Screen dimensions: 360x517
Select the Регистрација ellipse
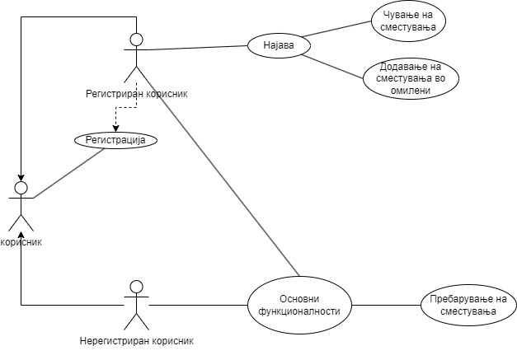click(x=115, y=141)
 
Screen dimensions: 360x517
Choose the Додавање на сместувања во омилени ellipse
click(x=411, y=78)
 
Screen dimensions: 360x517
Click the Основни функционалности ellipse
click(x=299, y=306)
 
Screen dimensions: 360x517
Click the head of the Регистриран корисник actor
click(x=137, y=40)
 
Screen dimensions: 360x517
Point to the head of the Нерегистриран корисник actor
click(x=137, y=288)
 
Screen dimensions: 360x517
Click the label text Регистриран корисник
click(x=137, y=93)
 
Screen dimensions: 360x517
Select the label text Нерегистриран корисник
click(x=139, y=340)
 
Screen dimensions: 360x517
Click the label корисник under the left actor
click(x=21, y=242)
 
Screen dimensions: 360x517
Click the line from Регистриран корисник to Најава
click(x=198, y=48)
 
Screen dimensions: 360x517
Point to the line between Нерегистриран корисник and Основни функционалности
click(x=198, y=306)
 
